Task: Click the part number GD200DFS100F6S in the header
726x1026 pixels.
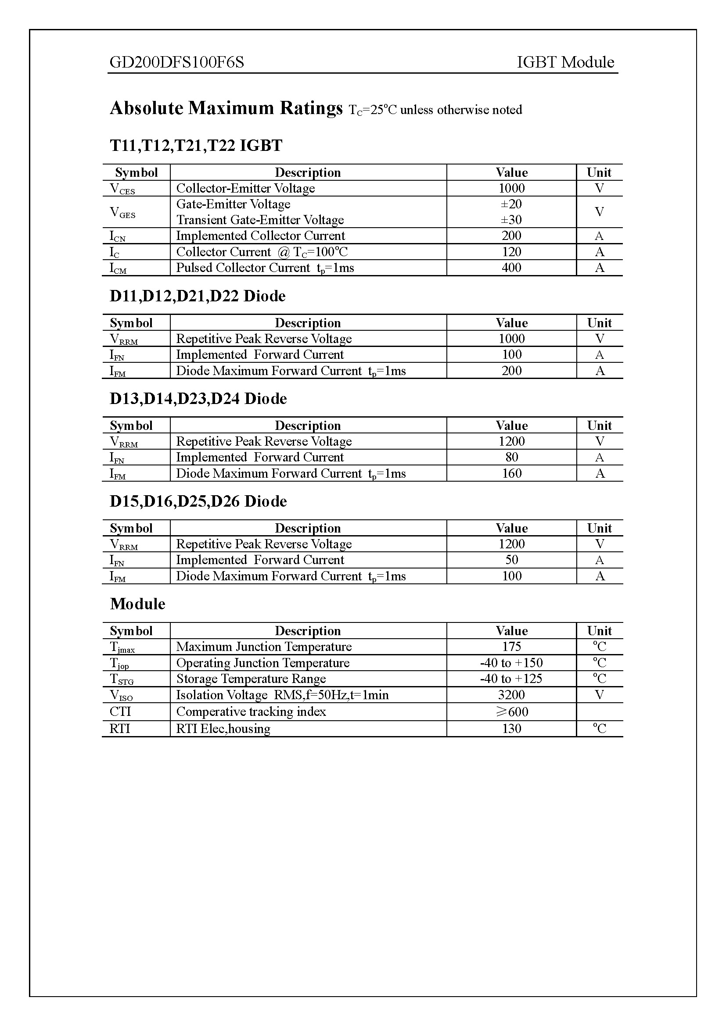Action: (x=176, y=62)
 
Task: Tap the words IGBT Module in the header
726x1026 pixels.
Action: (x=565, y=62)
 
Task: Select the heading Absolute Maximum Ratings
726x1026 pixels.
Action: (x=226, y=108)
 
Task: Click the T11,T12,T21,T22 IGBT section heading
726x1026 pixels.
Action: (x=196, y=146)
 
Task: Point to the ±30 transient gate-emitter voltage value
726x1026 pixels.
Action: (x=511, y=220)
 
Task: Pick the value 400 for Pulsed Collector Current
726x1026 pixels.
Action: (x=511, y=268)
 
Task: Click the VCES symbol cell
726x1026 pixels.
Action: (x=122, y=189)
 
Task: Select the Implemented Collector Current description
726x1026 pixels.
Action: (x=260, y=236)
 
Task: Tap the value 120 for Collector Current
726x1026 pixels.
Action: (x=511, y=252)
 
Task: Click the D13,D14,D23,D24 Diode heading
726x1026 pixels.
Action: (x=198, y=399)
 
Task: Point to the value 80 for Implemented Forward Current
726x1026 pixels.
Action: (x=511, y=457)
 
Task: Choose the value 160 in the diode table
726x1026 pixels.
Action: (x=511, y=473)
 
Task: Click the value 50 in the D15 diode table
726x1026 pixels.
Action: (x=511, y=560)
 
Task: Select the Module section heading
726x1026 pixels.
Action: (x=137, y=604)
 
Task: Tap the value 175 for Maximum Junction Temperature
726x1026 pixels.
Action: (x=511, y=647)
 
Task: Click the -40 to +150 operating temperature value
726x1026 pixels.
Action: (x=511, y=663)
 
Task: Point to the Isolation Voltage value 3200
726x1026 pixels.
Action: (x=511, y=695)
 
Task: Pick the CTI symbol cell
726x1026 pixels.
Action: (x=120, y=711)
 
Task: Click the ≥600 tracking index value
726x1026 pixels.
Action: (x=512, y=711)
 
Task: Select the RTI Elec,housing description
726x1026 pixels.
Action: (x=223, y=729)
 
